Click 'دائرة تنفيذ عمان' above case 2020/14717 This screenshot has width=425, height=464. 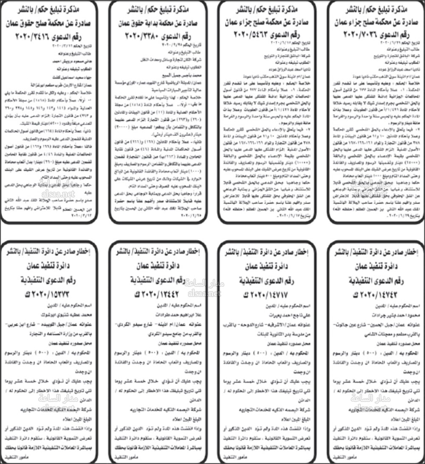coord(266,267)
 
